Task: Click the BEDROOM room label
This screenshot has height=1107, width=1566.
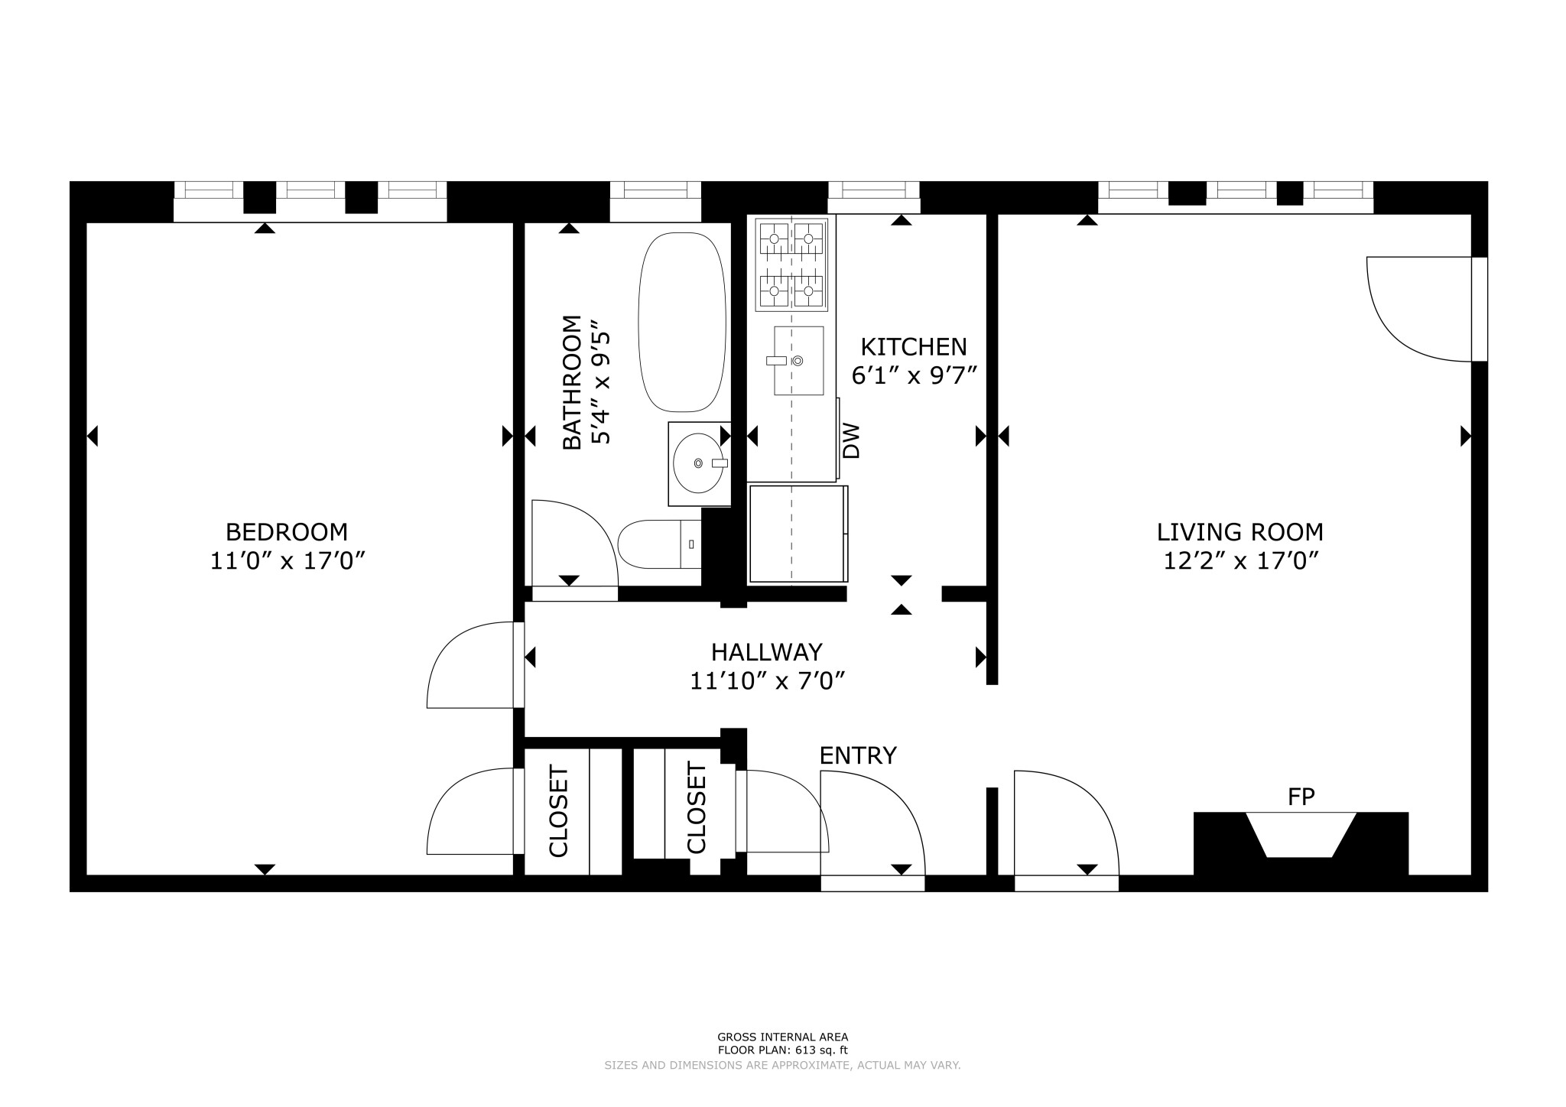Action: [286, 531]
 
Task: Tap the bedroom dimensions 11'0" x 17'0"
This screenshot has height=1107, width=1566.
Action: [286, 561]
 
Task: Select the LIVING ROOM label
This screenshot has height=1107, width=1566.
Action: [1239, 531]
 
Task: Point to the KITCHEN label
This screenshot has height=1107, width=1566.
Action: [913, 347]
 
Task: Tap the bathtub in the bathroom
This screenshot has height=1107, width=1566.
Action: [681, 322]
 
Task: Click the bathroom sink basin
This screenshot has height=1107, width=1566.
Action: [697, 463]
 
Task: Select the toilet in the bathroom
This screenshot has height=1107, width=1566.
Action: [658, 544]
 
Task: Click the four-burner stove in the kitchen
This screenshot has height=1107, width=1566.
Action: [791, 265]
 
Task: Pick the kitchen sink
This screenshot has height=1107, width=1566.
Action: [798, 360]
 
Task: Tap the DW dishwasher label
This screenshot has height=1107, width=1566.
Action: [851, 441]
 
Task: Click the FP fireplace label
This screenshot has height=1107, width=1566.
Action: [1301, 797]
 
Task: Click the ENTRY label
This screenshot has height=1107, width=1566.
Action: [857, 755]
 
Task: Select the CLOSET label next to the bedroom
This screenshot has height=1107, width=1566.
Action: [559, 811]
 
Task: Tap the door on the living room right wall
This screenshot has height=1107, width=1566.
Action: [1415, 310]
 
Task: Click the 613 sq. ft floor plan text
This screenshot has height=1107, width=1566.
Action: [782, 1050]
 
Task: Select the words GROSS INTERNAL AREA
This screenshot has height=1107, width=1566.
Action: [782, 1037]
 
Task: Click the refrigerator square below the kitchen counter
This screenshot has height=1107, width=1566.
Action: [797, 534]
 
